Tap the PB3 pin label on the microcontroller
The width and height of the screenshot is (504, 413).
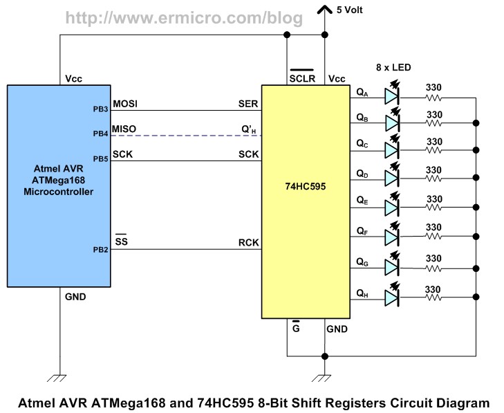[x=100, y=109]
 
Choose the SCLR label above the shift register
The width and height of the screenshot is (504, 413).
[x=302, y=79]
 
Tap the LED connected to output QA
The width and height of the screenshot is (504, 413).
[x=392, y=98]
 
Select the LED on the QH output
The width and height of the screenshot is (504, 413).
[x=392, y=297]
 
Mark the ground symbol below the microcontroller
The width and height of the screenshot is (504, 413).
[x=60, y=378]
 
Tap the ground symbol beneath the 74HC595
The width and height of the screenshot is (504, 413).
[x=325, y=378]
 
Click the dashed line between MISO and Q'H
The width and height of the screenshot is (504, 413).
[x=187, y=134]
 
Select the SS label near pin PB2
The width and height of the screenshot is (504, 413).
[x=120, y=242]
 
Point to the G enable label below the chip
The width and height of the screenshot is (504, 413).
[x=295, y=329]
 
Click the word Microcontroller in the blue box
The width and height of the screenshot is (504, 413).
[x=59, y=191]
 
